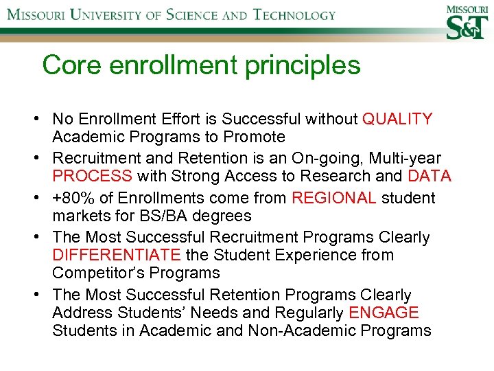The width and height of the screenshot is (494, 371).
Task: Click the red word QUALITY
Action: click(x=397, y=119)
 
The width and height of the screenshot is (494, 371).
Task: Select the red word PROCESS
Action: click(x=92, y=177)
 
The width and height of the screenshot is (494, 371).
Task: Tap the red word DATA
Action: click(x=429, y=177)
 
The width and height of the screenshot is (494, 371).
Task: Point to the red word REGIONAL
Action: click(x=333, y=199)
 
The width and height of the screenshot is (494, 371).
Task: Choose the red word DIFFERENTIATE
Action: click(x=116, y=255)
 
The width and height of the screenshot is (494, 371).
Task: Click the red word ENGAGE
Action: click(x=384, y=313)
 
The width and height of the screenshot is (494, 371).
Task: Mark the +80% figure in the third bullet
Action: click(x=72, y=199)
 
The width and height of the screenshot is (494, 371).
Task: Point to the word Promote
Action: click(x=251, y=137)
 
